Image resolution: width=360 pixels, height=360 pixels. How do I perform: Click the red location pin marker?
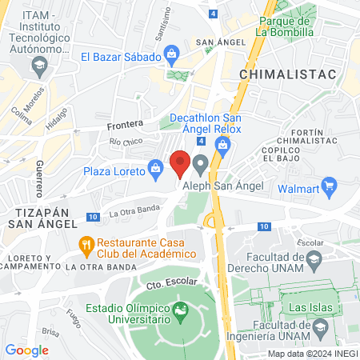[x=181, y=163]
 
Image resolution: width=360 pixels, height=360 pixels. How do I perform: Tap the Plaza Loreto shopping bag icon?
[x=155, y=169]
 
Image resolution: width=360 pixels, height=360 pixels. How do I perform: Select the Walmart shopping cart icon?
[x=328, y=188]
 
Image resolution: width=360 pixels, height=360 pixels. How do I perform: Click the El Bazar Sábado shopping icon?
[x=170, y=55]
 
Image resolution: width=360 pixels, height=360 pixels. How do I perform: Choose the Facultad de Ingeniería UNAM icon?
[x=320, y=326]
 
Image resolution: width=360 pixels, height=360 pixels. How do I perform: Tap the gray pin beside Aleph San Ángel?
[x=201, y=165]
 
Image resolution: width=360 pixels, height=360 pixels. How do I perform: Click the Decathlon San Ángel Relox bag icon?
[x=223, y=145]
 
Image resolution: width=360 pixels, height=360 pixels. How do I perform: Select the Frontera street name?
[x=126, y=125]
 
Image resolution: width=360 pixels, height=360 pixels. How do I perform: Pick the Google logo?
[x=27, y=350]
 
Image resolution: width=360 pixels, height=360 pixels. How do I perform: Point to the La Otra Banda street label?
[x=130, y=213]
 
